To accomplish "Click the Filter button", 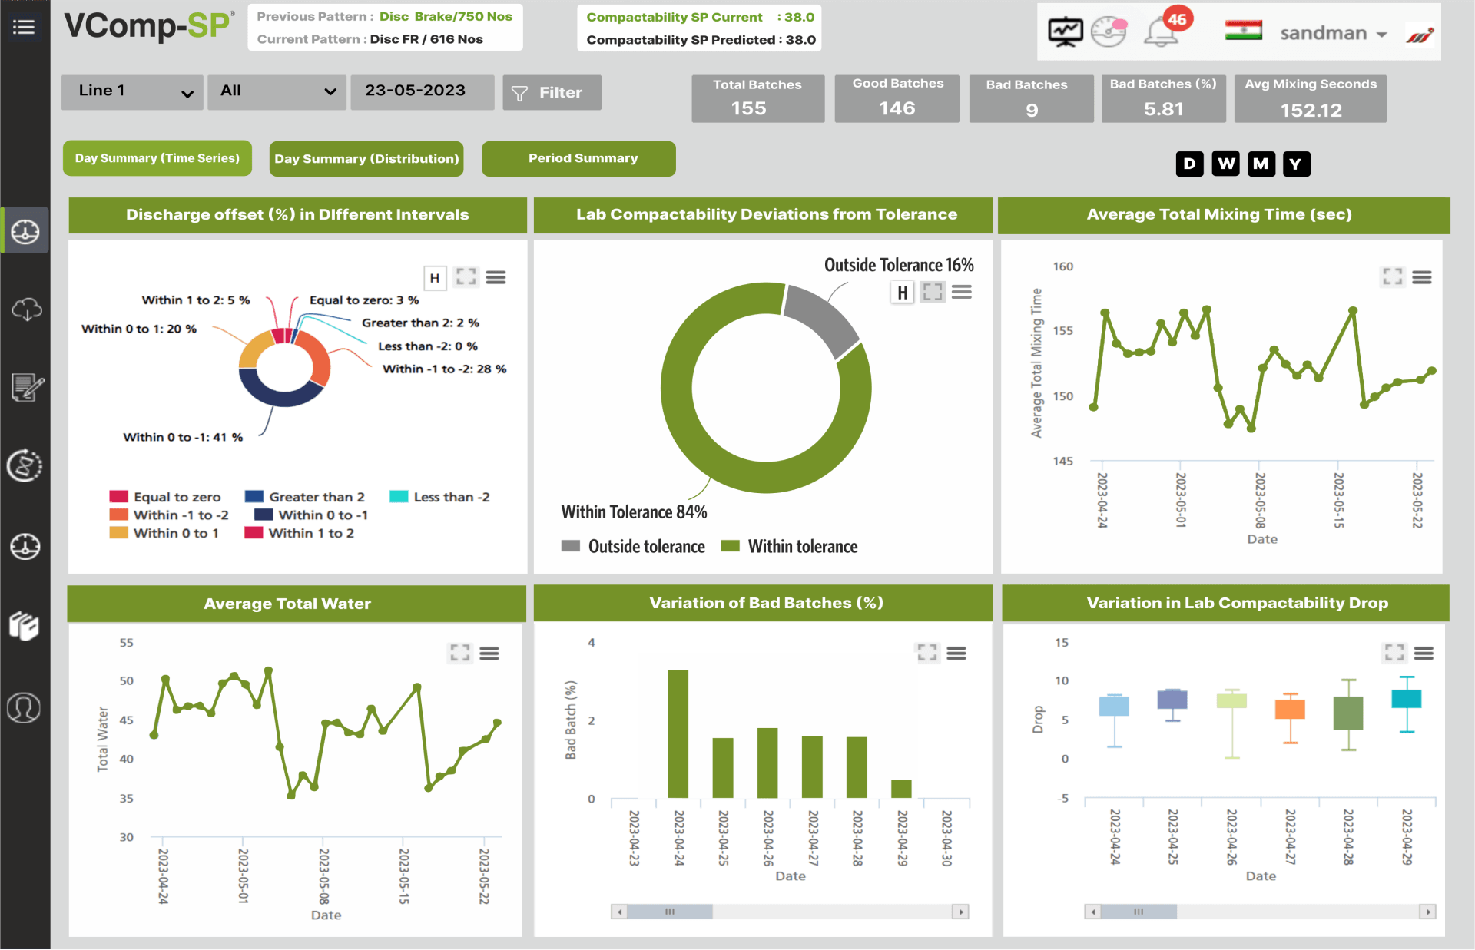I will pyautogui.click(x=552, y=93).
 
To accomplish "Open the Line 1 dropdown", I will pyautogui.click(x=132, y=91).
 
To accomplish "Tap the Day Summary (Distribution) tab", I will pyautogui.click(x=366, y=159).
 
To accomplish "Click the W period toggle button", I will pyautogui.click(x=1225, y=164).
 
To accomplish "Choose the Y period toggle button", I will pyautogui.click(x=1296, y=164).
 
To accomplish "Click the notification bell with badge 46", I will pyautogui.click(x=1162, y=32).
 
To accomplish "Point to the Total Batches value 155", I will pyautogui.click(x=749, y=108).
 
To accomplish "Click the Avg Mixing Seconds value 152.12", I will pyautogui.click(x=1311, y=110).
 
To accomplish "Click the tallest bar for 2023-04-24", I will pyautogui.click(x=678, y=733).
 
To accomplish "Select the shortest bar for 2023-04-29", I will pyautogui.click(x=901, y=789).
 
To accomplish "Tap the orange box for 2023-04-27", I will pyautogui.click(x=1290, y=709).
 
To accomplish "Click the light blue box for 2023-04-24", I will pyautogui.click(x=1114, y=706).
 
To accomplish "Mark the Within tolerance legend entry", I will pyautogui.click(x=802, y=546).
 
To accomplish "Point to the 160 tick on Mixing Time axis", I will pyautogui.click(x=1063, y=266).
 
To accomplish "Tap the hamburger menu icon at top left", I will pyautogui.click(x=24, y=28).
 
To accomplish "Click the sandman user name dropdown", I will pyautogui.click(x=1333, y=33).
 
